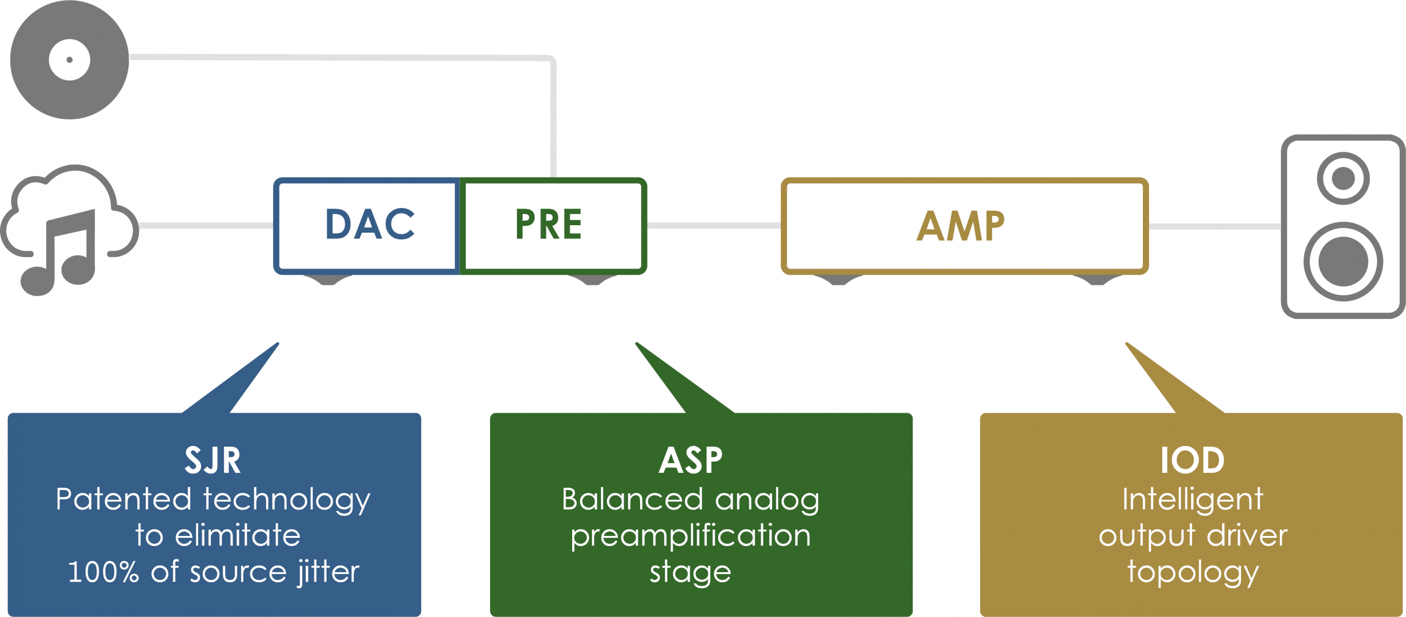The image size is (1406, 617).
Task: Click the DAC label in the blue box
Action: point(370,224)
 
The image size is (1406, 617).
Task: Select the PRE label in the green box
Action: point(549,224)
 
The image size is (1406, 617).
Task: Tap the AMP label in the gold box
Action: point(961,226)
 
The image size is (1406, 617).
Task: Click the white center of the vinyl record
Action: point(69,60)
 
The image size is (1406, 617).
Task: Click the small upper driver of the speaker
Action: point(1343,178)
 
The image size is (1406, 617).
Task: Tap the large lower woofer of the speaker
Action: point(1343,261)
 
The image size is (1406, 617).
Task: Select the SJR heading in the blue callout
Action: point(213,460)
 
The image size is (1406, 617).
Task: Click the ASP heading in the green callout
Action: point(690,460)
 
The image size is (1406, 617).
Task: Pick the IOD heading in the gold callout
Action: point(1192,460)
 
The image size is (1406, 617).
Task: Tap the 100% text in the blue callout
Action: point(103,572)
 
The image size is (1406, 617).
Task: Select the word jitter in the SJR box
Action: point(328,572)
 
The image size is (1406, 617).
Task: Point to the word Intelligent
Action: point(1192,499)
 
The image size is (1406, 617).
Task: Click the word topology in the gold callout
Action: point(1192,572)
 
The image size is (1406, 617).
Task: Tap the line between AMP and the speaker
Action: point(1215,226)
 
